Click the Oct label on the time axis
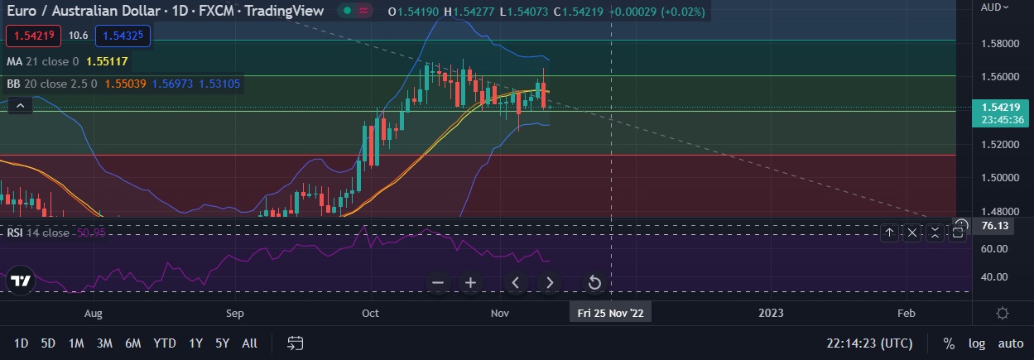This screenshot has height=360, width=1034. pyautogui.click(x=370, y=314)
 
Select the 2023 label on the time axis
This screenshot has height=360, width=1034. pyautogui.click(x=771, y=313)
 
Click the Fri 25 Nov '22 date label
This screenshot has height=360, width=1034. pyautogui.click(x=610, y=314)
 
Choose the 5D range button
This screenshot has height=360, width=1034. pyautogui.click(x=48, y=343)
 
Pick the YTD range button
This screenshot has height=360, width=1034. pyautogui.click(x=164, y=343)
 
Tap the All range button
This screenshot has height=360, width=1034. pyautogui.click(x=249, y=343)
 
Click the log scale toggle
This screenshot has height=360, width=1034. pyautogui.click(x=977, y=343)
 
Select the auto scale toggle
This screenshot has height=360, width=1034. pyautogui.click(x=1010, y=343)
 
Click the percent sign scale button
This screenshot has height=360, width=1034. pyautogui.click(x=949, y=343)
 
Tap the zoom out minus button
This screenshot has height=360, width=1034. pyautogui.click(x=438, y=283)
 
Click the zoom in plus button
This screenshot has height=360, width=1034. pyautogui.click(x=470, y=283)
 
